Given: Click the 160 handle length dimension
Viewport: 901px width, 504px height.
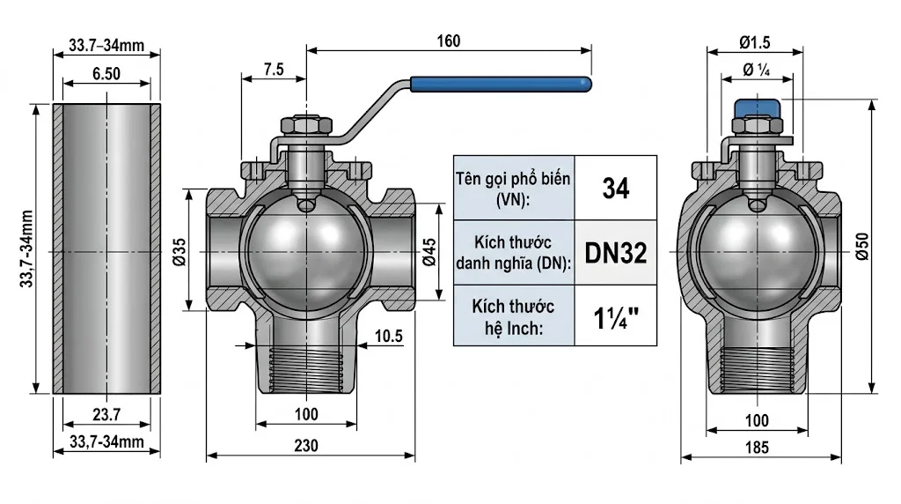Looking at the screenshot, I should pos(447,41).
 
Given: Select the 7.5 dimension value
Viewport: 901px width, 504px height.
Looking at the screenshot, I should pos(273,70).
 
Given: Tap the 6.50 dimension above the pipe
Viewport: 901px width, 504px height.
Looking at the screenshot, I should pos(106,75).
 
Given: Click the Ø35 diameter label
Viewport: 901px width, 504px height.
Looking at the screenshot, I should pos(179,251).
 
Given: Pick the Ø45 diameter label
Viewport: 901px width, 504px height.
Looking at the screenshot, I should pos(429,251).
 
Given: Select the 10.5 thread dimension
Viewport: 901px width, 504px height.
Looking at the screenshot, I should pos(387,336).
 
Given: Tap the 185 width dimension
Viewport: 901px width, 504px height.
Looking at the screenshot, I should pos(756,447).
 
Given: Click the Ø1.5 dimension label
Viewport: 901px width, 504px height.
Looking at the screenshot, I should pos(756,41).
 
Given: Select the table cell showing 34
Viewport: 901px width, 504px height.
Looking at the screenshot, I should pos(615,188).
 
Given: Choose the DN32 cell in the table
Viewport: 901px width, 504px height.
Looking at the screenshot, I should pos(615,254).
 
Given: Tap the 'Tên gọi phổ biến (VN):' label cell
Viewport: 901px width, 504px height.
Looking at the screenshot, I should pos(512,188).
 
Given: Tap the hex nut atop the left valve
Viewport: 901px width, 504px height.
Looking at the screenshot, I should pos(305,126).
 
